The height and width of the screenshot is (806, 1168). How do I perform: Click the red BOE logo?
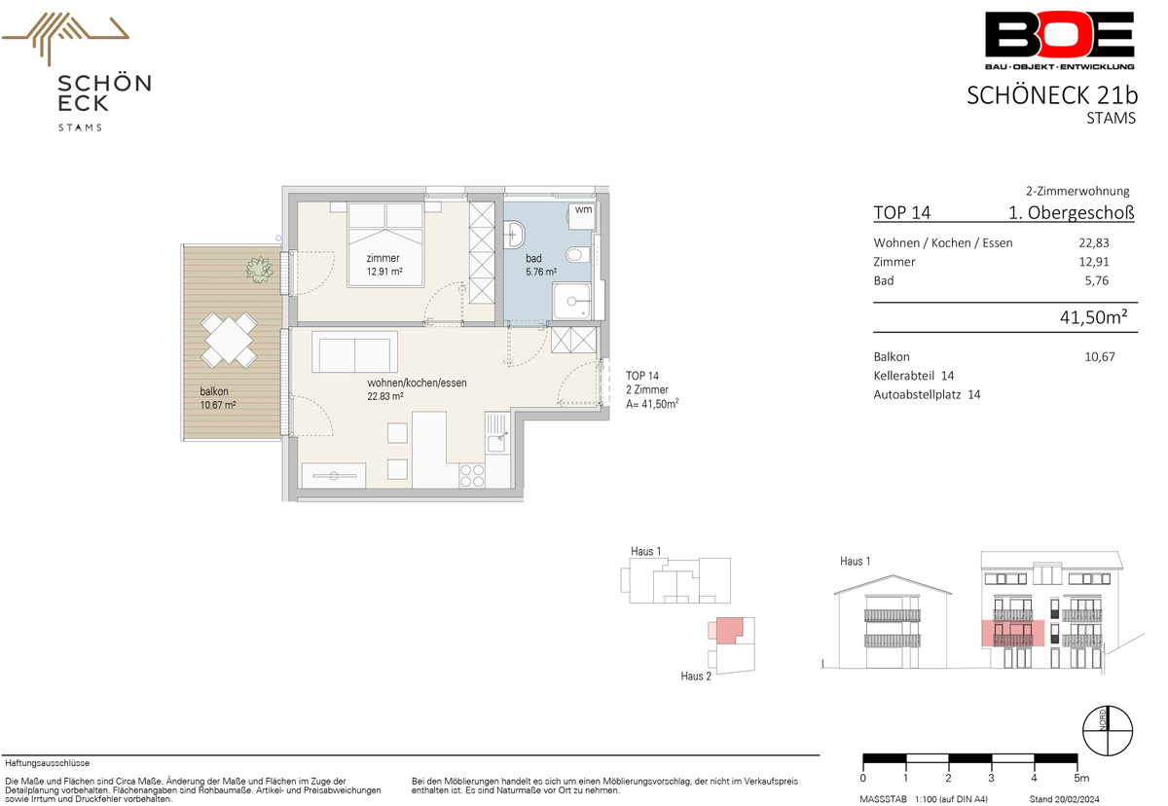pyautogui.click(x=1059, y=40)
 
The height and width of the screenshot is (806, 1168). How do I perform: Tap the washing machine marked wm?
pyautogui.click(x=582, y=216)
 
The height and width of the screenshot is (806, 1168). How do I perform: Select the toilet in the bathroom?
pyautogui.click(x=578, y=255)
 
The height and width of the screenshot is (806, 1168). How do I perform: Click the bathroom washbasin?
pyautogui.click(x=514, y=236)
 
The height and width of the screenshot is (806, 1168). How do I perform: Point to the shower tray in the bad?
pyautogui.click(x=571, y=301)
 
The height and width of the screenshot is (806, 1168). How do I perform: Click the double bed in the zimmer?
pyautogui.click(x=385, y=244)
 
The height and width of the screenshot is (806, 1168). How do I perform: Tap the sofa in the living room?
pyautogui.click(x=354, y=352)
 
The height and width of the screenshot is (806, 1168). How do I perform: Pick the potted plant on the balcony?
pyautogui.click(x=259, y=270)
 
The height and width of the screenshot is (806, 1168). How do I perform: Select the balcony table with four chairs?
pyautogui.click(x=229, y=340)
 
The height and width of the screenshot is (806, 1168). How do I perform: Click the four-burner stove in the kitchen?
pyautogui.click(x=472, y=476)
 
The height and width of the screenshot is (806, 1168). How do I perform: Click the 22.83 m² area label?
pyautogui.click(x=384, y=396)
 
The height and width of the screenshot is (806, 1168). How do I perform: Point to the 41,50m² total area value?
pyautogui.click(x=1093, y=317)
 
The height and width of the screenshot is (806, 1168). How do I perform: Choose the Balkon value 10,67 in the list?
pyautogui.click(x=1100, y=357)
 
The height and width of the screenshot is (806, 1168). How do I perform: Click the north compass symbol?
pyautogui.click(x=1108, y=730)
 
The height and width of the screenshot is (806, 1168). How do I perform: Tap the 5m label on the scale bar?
pyautogui.click(x=1081, y=779)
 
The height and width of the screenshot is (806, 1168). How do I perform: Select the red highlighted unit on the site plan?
pyautogui.click(x=729, y=630)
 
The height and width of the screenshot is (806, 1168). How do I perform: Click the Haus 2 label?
pyautogui.click(x=696, y=677)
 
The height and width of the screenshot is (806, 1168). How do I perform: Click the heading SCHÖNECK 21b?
pyautogui.click(x=1052, y=95)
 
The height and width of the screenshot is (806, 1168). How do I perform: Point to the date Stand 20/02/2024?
pyautogui.click(x=1064, y=799)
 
